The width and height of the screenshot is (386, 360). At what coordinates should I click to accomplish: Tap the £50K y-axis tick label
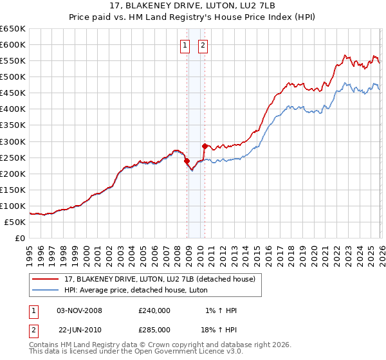coord(15,222)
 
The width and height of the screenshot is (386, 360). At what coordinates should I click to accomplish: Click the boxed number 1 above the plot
coord(185,46)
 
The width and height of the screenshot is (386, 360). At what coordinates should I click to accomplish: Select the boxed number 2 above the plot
coord(203,46)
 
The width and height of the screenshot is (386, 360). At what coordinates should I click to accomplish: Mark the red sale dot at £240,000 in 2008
coord(187,161)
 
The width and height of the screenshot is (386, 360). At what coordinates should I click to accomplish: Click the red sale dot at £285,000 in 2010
coord(205,146)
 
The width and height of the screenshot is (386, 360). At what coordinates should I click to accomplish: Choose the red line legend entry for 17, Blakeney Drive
coord(154,278)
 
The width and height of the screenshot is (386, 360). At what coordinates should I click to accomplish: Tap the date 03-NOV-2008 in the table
coord(80,310)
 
